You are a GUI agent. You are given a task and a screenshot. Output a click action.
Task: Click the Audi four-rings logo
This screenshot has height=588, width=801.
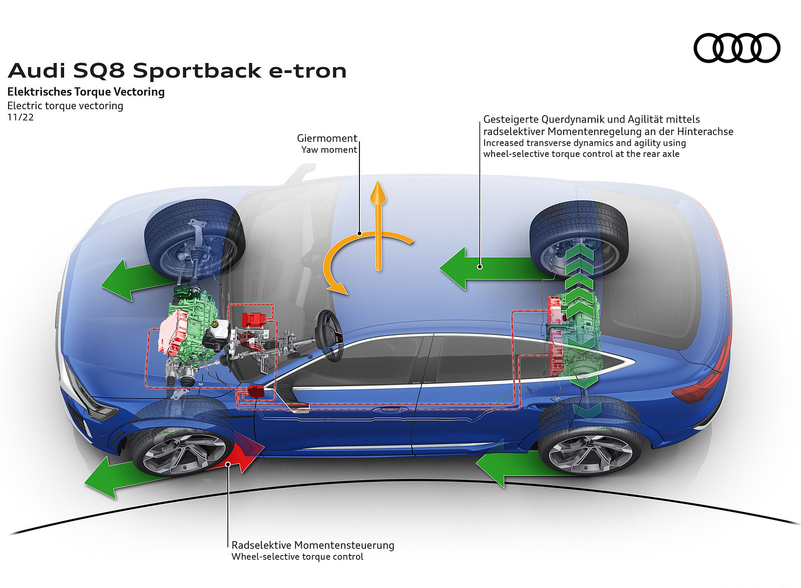tap(736, 48)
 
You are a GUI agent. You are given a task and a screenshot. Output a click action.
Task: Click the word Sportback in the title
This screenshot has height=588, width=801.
tap(197, 71)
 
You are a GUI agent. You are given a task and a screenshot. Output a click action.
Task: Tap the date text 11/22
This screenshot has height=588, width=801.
tap(21, 117)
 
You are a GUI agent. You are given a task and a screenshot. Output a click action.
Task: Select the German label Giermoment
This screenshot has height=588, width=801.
tap(327, 138)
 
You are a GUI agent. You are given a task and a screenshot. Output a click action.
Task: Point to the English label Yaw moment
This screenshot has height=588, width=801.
tap(329, 150)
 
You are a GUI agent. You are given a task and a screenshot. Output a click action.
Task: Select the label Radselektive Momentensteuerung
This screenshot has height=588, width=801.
tap(313, 545)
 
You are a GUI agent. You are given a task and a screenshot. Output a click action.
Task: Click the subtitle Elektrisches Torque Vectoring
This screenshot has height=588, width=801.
tap(86, 92)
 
